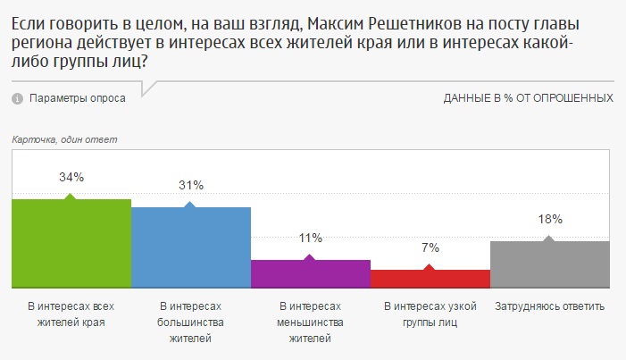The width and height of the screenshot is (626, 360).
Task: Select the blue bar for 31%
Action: tap(191, 247)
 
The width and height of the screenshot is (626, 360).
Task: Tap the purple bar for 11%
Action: tap(311, 273)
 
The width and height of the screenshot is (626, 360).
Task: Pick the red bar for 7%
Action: tap(430, 279)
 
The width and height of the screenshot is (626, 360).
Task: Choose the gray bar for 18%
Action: tap(550, 264)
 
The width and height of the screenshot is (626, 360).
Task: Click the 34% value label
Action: tap(71, 177)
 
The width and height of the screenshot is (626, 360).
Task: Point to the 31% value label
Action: tap(191, 185)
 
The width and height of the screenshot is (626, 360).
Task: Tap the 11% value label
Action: tap(311, 238)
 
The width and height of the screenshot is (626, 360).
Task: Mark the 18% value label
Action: tap(550, 219)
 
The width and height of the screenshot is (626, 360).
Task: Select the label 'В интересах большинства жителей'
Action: tap(191, 322)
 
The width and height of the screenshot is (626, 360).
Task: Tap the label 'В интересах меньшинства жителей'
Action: tap(311, 322)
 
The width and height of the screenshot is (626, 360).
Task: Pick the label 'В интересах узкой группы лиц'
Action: tap(430, 314)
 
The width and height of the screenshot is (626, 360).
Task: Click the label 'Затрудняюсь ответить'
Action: tap(550, 307)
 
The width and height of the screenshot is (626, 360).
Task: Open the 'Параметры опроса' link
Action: tap(78, 97)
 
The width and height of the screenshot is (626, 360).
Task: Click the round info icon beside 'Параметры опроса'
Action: tap(17, 98)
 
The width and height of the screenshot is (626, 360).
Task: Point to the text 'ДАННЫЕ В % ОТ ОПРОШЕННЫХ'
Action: tap(528, 97)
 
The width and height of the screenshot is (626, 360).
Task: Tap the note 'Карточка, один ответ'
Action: tap(65, 139)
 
